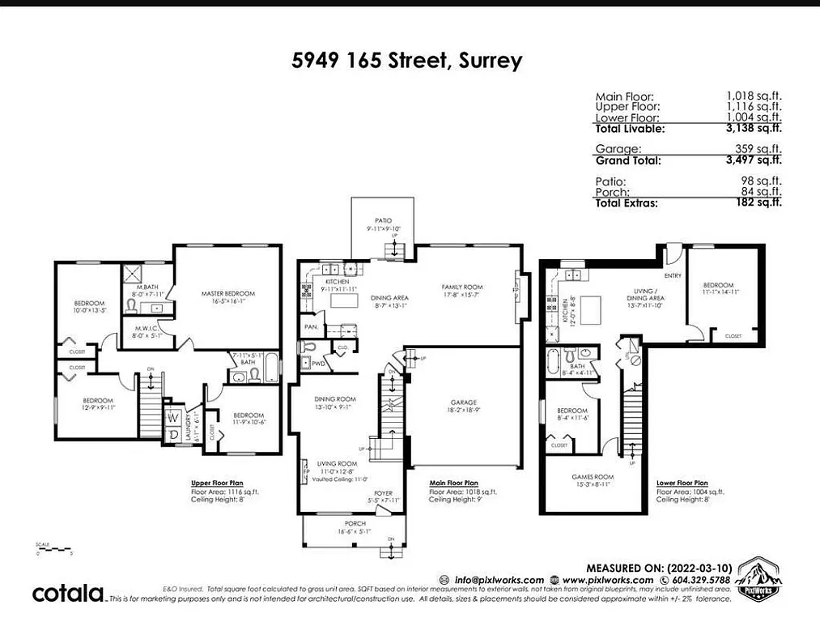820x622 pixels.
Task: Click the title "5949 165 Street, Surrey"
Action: (407, 61)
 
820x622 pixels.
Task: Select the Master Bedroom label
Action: (229, 293)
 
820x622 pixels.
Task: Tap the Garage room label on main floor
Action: (464, 403)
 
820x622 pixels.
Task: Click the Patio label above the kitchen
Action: (383, 220)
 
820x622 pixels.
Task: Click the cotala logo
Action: (68, 593)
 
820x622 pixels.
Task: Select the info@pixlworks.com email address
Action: (498, 580)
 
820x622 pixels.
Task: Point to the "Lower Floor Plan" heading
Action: (682, 481)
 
